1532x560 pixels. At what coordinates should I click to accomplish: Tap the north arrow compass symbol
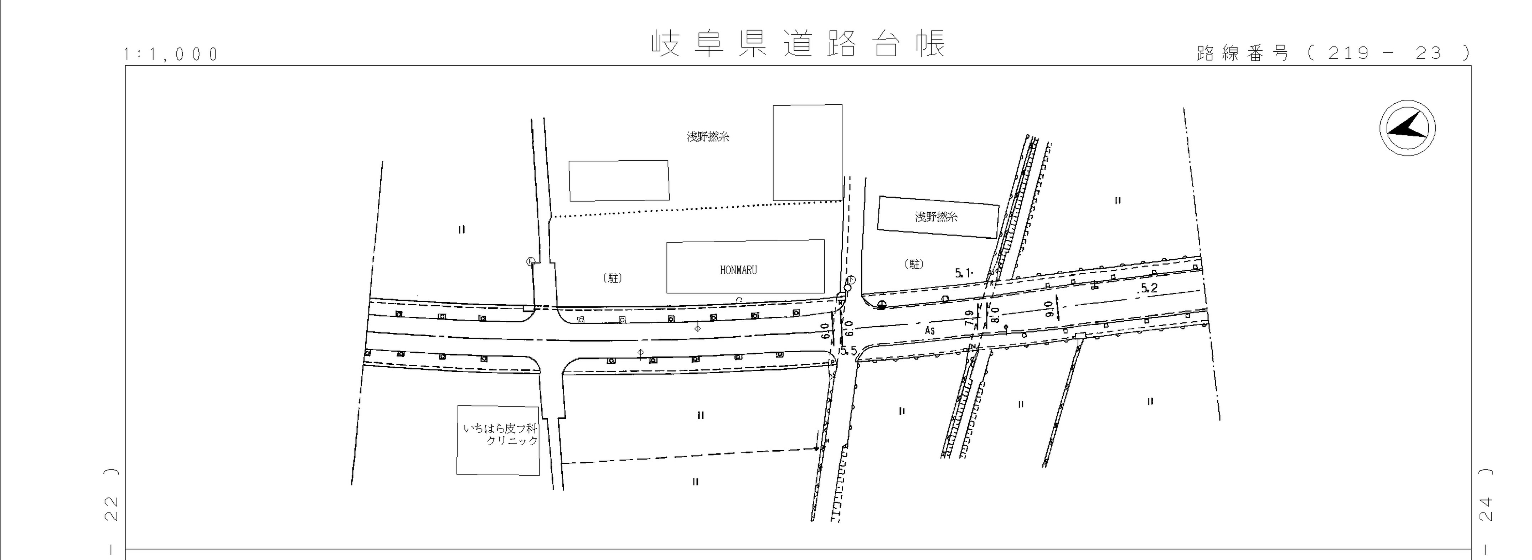click(x=1407, y=128)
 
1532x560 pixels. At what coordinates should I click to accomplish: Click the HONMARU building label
click(x=738, y=270)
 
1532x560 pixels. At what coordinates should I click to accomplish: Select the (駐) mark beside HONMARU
click(x=613, y=278)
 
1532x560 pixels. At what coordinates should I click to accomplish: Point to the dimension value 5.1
click(x=964, y=273)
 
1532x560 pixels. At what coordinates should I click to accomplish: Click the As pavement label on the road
click(x=930, y=330)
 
